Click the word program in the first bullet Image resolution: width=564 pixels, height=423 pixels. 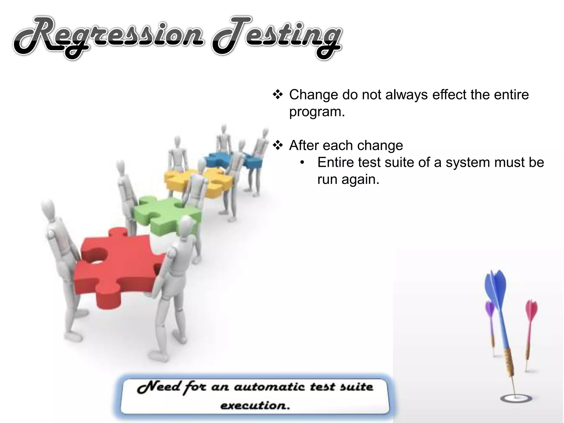click(317, 112)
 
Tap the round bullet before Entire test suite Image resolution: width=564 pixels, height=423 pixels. click(302, 162)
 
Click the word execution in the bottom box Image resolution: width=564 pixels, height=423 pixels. click(255, 405)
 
